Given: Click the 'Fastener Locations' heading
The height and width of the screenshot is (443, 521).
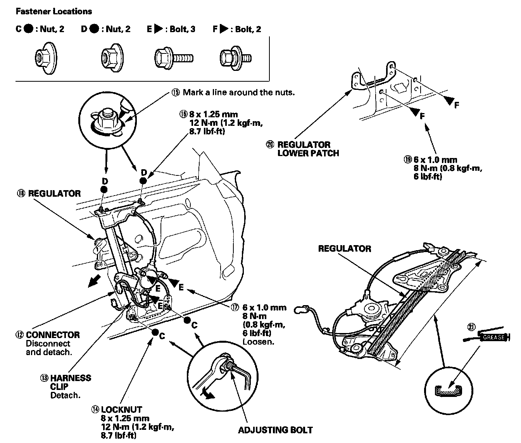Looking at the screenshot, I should point(53,11).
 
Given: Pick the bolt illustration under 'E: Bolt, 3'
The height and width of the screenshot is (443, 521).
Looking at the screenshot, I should point(174,58).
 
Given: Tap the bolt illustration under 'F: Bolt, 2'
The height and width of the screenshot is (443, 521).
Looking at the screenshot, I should point(235,58).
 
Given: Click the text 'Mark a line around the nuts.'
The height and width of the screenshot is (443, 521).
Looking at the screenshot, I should point(238,93).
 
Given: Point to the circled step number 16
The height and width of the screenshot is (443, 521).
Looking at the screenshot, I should point(183,114).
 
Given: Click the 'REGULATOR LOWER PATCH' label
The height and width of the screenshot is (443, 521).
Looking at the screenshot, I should point(304,149).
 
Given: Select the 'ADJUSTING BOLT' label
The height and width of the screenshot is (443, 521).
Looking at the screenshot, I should point(275,430).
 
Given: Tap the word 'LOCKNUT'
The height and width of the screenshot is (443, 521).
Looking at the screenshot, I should point(121,410).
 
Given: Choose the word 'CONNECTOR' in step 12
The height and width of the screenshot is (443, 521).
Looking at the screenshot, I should point(53,335).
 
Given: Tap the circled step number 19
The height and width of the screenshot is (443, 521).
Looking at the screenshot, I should point(407,160).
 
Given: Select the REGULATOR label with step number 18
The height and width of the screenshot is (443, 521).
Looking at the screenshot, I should point(54,193).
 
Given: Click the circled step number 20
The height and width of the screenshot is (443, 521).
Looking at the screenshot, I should point(270,144).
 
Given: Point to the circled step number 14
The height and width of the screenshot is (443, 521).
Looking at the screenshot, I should point(95,410).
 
